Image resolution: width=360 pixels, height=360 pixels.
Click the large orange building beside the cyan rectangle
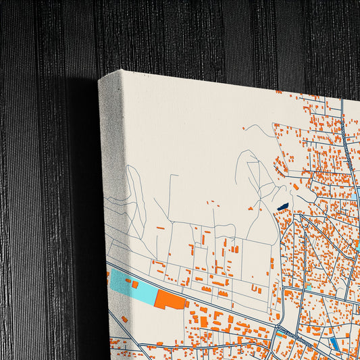(x=170, y=299)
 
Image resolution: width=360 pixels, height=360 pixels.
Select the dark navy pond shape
(x=282, y=206)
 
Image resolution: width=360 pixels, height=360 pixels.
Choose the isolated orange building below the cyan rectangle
(x=124, y=318)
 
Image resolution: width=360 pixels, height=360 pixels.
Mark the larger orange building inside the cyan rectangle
(x=134, y=284)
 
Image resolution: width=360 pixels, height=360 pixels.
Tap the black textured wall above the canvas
(x=203, y=34)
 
